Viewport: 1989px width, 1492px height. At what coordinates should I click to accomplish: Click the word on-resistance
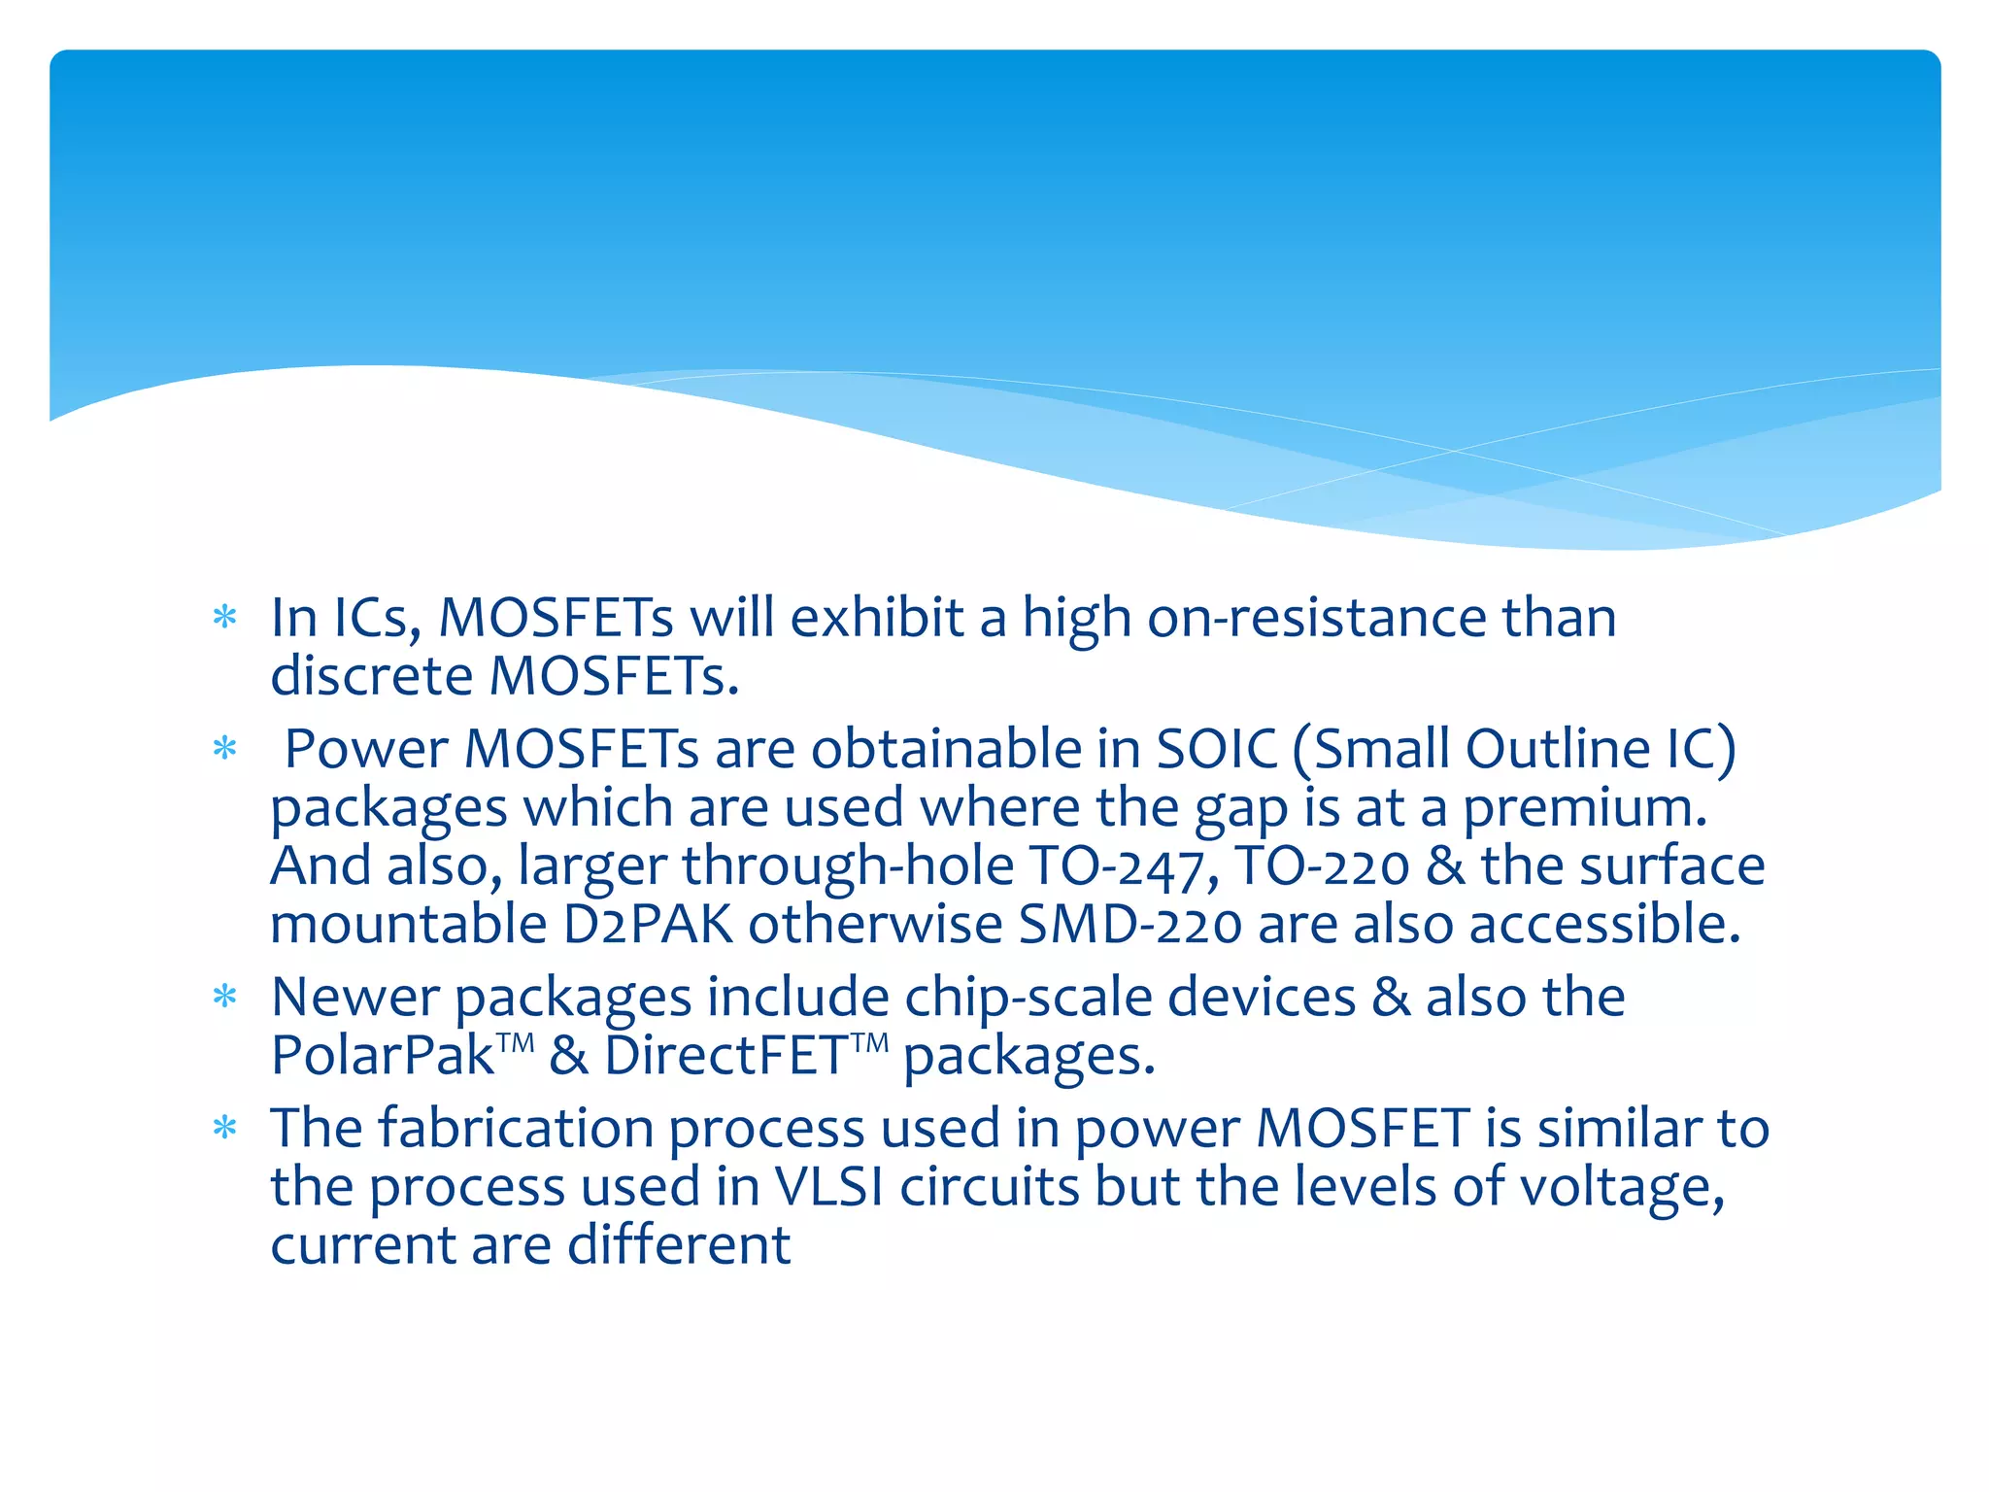point(1316,618)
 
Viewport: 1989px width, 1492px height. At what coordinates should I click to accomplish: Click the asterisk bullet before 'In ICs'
point(225,618)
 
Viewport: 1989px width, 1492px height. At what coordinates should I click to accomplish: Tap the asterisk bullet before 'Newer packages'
point(225,998)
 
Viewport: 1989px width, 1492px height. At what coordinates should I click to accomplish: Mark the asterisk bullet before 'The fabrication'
point(225,1129)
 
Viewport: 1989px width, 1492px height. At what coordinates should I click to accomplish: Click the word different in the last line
point(679,1245)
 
